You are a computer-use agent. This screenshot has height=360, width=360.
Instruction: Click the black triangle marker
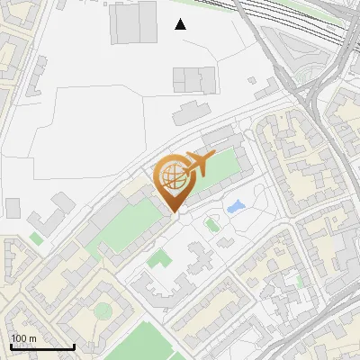click(181, 24)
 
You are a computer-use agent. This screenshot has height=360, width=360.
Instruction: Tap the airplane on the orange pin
click(196, 165)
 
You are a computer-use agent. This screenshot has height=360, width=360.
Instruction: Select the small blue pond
click(236, 207)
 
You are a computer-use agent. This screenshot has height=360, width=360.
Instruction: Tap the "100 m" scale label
click(23, 339)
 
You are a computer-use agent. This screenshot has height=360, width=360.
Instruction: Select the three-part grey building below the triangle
click(195, 79)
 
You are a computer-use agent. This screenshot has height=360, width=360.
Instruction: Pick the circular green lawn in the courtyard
click(103, 311)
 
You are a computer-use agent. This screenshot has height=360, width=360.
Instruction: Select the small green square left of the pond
click(212, 224)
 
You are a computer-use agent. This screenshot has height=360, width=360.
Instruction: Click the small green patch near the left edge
click(36, 238)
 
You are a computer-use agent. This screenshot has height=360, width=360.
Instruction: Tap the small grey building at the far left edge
click(13, 208)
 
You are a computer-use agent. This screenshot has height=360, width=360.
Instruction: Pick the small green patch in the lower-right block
click(301, 281)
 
